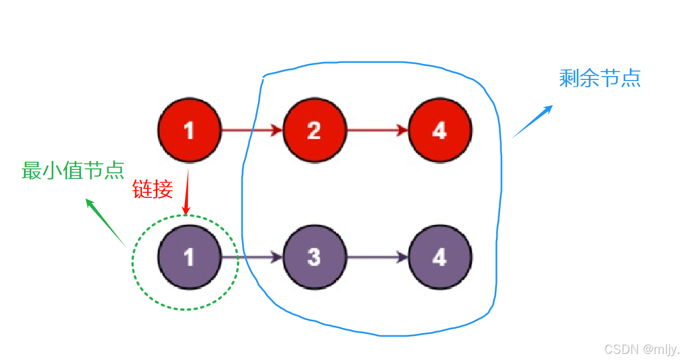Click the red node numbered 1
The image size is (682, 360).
(189, 130)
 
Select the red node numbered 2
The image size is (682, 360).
(314, 130)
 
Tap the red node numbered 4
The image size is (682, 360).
(439, 130)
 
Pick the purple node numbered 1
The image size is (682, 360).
(189, 258)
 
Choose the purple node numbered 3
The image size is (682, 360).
(314, 258)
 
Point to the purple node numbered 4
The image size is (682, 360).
(439, 258)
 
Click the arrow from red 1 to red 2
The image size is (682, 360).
(252, 131)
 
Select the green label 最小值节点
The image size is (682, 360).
(73, 170)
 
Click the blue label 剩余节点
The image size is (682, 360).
(599, 78)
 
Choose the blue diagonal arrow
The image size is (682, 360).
(532, 121)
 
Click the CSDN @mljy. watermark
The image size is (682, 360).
(641, 349)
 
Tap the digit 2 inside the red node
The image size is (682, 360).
(314, 130)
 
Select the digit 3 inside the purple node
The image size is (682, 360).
(314, 258)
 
